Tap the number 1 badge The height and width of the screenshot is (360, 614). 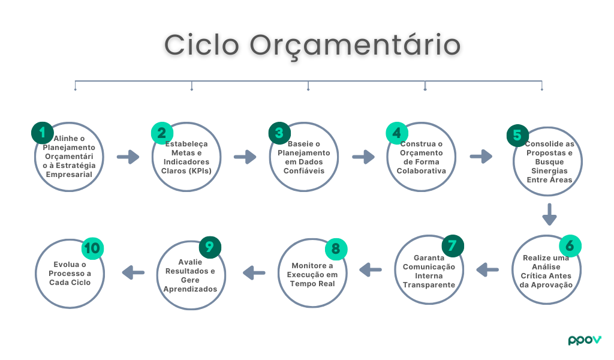pyautogui.click(x=42, y=133)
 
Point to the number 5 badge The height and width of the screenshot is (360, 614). pyautogui.click(x=517, y=136)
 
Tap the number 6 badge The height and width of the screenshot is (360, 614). pyautogui.click(x=570, y=245)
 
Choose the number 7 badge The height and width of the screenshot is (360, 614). pyautogui.click(x=453, y=245)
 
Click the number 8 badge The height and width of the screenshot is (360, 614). pyautogui.click(x=336, y=249)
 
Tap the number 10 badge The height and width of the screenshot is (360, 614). pyautogui.click(x=93, y=248)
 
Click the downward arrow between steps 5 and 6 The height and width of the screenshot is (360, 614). pyautogui.click(x=549, y=214)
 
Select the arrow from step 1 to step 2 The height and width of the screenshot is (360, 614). pyautogui.click(x=128, y=157)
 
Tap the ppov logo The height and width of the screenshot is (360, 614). pyautogui.click(x=584, y=340)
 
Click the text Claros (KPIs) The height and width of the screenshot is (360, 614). pyautogui.click(x=186, y=170)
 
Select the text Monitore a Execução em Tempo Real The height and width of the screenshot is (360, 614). pyautogui.click(x=312, y=274)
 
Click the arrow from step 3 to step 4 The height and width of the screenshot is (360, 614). pyautogui.click(x=363, y=157)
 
